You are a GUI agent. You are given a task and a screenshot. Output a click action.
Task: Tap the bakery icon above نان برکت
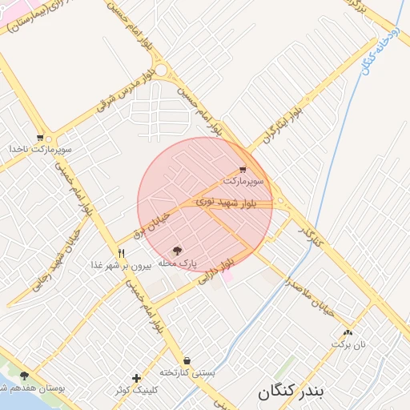coord(348,332)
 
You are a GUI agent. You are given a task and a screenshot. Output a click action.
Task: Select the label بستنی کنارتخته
coord(187,372)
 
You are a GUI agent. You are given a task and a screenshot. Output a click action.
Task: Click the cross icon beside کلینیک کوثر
coord(137,378)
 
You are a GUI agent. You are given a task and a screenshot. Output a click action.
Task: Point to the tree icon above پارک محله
coord(178,251)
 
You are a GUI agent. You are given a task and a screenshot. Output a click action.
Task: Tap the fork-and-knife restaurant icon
coord(122,253)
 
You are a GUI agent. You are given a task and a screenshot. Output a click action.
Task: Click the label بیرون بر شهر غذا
coord(121,264)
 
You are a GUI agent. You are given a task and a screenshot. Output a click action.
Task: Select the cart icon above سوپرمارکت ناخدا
coord(40,138)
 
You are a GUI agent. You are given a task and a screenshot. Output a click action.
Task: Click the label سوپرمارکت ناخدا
coord(40,149)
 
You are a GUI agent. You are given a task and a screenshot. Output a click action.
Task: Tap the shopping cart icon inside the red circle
coord(243,170)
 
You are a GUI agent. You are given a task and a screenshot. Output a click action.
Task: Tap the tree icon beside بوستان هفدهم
coord(25,375)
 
